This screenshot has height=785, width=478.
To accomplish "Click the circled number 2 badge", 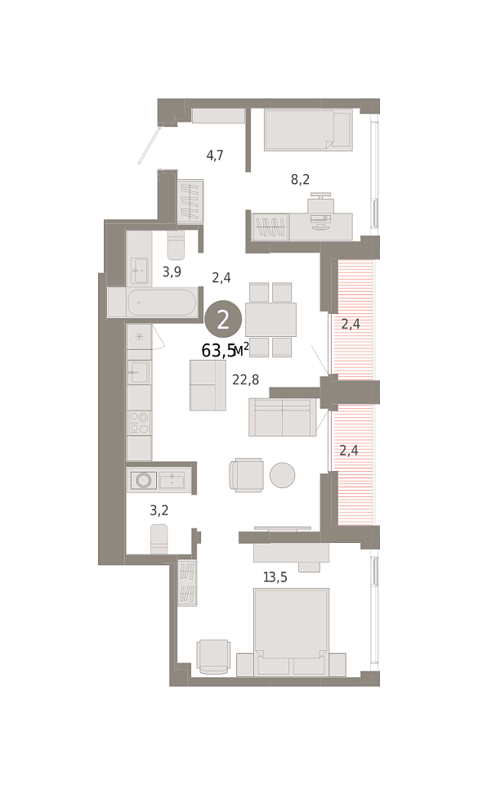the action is tap(223, 319).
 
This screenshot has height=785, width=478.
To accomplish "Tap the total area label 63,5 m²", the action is tap(225, 351).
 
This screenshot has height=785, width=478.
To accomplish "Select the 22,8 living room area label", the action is tap(245, 380).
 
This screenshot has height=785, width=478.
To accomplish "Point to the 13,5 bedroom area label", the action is tap(275, 577).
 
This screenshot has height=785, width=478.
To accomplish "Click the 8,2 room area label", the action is tap(300, 179).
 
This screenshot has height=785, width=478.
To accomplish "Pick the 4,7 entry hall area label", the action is tap(215, 155).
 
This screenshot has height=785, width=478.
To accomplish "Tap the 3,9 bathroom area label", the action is tap(172, 271).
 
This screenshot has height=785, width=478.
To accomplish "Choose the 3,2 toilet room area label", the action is tap(159, 510).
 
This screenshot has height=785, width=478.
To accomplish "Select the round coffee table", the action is tap(282, 474).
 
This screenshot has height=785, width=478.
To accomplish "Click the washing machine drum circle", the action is tap(144, 480).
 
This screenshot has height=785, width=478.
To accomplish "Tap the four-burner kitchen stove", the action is tap(139, 422).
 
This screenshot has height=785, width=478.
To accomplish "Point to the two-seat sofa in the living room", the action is tap(282, 417).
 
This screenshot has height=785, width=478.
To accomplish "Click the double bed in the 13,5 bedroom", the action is tap(291, 632).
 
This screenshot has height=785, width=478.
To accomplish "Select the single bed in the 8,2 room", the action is tap(308, 130).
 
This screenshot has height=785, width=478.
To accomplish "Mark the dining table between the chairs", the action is tap(270, 320).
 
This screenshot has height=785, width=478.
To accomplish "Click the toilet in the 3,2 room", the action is tap(159, 539).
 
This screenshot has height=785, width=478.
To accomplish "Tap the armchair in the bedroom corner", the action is tap(213, 657).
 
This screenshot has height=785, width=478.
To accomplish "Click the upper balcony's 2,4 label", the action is tap(351, 324).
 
